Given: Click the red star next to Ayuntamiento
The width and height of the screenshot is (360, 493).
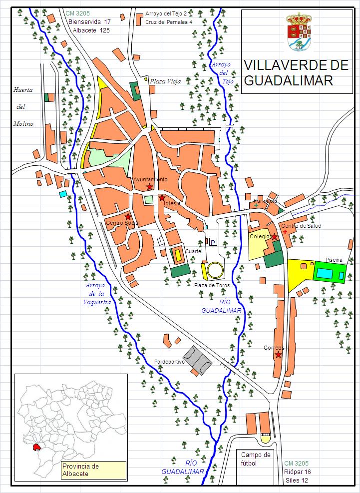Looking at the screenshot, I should (x=149, y=187).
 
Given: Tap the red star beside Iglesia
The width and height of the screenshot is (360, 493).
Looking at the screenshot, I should (x=162, y=198).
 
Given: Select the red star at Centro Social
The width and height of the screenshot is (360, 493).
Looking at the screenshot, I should (x=128, y=216).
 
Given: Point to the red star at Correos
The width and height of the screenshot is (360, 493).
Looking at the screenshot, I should (x=278, y=355).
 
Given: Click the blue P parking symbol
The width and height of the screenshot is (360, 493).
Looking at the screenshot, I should (x=213, y=242).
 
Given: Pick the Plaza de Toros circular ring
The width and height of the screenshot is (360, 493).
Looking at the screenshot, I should (x=216, y=270).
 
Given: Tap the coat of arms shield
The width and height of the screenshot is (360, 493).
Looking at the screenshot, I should (x=299, y=33).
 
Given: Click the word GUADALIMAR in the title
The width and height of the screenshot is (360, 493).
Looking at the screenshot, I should (x=288, y=81).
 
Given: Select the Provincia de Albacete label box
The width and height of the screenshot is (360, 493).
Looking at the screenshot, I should (x=93, y=470).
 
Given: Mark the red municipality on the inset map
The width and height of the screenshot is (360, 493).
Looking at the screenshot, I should (x=37, y=447).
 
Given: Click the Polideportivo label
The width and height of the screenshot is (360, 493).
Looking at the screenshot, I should (x=169, y=361).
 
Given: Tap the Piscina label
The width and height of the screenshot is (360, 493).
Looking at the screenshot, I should (x=334, y=260).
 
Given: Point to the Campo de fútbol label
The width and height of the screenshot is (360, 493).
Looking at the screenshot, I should (x=256, y=459).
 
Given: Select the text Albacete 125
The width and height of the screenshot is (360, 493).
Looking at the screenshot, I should (x=91, y=30).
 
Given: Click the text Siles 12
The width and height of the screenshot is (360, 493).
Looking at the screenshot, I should (x=297, y=480).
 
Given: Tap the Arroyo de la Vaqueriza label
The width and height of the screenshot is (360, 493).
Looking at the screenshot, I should (x=95, y=293).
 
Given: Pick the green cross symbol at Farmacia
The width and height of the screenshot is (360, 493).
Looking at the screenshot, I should (x=256, y=205).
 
